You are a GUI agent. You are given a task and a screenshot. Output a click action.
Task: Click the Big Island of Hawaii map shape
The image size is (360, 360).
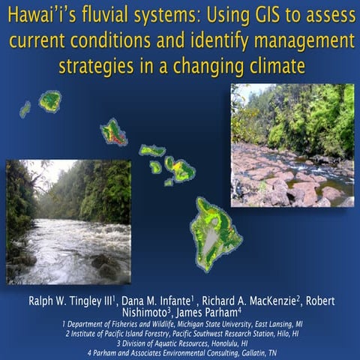click(x=215, y=233)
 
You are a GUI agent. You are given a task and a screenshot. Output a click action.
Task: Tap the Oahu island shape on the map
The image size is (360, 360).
click(x=114, y=132)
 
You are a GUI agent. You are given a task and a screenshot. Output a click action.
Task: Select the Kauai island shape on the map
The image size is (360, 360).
click(x=50, y=100)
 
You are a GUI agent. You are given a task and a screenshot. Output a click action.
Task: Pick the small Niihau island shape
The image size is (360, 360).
click(x=25, y=109)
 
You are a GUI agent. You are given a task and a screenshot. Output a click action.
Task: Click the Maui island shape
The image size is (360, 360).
click(x=181, y=169)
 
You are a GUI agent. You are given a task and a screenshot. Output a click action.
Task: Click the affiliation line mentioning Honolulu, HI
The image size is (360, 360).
click(x=179, y=342)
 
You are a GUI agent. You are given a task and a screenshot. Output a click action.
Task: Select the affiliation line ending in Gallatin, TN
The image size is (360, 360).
click(x=179, y=351)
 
